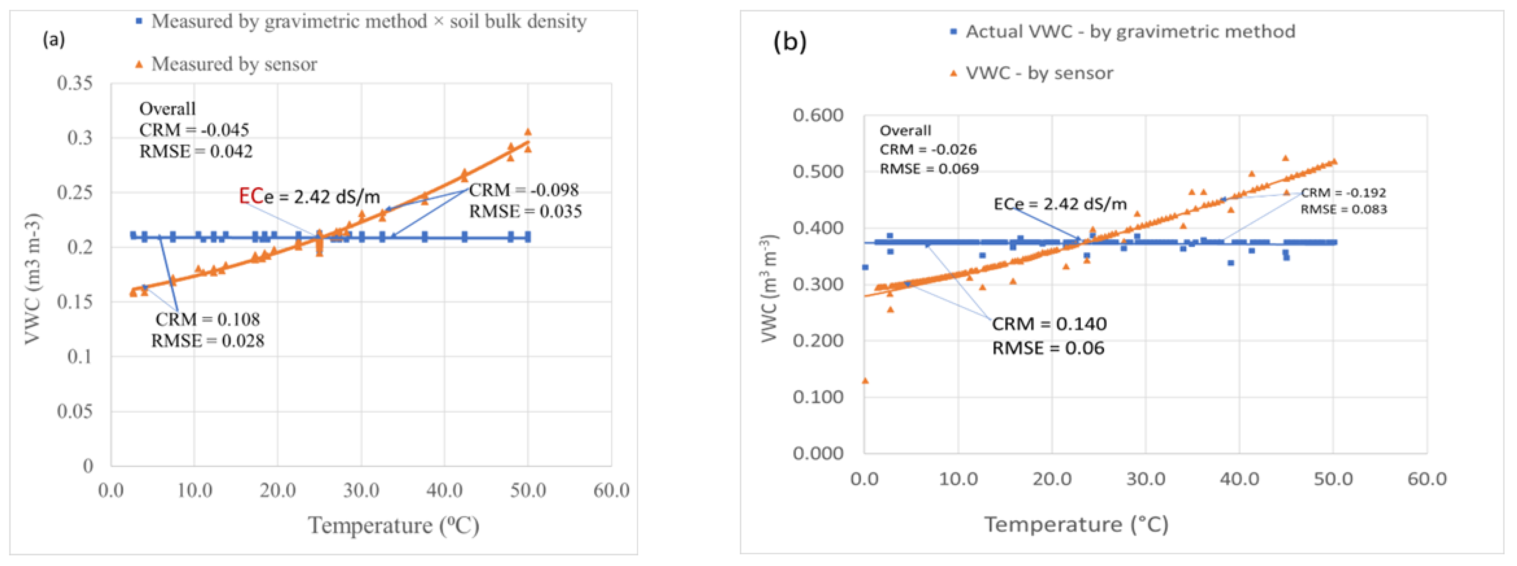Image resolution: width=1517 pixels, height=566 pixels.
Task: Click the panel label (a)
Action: (54, 40)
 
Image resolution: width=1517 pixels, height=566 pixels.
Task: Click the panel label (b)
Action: (789, 41)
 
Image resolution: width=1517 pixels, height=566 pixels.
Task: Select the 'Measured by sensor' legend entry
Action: (234, 64)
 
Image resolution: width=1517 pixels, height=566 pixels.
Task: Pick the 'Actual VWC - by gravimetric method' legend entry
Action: (1129, 31)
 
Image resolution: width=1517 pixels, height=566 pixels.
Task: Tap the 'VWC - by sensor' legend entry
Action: (1039, 73)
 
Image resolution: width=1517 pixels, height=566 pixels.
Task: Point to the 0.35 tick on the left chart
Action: (75, 83)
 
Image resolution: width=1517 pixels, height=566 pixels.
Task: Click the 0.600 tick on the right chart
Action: (818, 116)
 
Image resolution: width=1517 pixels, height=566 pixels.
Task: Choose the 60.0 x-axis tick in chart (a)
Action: (611, 490)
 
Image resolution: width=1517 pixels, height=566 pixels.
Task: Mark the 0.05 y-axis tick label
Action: (75, 411)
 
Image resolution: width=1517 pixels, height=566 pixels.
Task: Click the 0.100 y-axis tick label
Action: (818, 397)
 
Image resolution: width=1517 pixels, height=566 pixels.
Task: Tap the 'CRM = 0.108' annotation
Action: (207, 319)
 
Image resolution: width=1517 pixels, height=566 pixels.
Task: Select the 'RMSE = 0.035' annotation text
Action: (525, 211)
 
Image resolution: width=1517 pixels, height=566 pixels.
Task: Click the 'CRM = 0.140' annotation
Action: (1049, 324)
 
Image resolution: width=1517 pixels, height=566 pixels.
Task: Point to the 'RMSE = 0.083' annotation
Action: (1344, 209)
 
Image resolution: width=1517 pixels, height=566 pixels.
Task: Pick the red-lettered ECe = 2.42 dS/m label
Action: (309, 196)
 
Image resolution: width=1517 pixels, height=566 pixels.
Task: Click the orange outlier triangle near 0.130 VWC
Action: (865, 381)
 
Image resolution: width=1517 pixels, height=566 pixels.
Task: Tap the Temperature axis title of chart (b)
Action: (1076, 524)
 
